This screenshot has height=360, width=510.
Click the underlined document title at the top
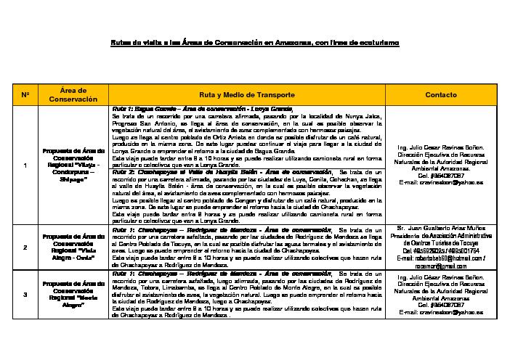[254, 44]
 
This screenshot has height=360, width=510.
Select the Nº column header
[25, 95]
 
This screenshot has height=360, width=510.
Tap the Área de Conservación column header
[73, 94]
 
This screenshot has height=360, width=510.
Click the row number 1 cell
[25, 166]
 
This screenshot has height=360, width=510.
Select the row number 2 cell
[25, 247]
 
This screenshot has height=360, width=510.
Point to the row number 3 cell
[25, 294]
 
